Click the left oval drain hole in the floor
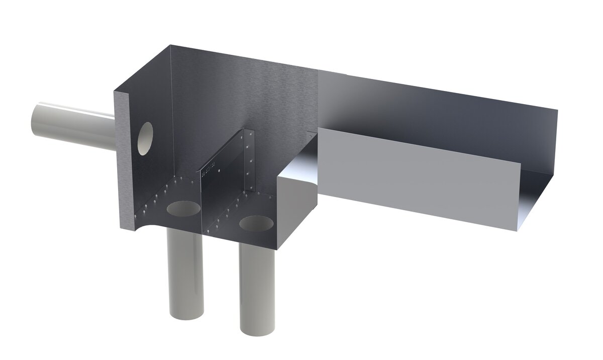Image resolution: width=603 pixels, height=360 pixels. tap(182, 209)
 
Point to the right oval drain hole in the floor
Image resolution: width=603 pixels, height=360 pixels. tap(256, 223)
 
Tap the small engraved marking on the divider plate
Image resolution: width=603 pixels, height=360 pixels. tap(208, 169)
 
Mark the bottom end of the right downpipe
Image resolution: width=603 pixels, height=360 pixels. tap(257, 329)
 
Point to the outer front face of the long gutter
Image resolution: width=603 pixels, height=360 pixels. tap(417, 176)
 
